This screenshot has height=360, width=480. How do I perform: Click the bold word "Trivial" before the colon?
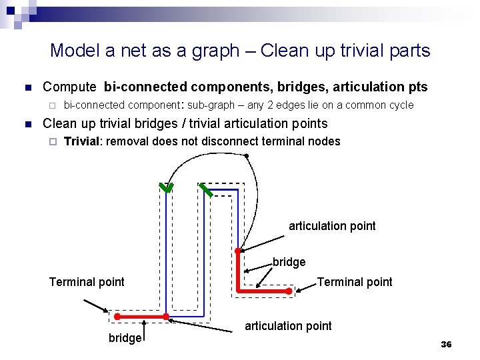pos(83,141)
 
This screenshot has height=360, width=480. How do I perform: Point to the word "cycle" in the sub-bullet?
pos(399,105)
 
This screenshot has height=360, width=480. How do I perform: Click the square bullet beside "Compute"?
pos(27,88)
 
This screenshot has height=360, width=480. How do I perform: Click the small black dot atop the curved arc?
pos(247,156)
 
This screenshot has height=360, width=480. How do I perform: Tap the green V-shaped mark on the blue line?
pos(165,187)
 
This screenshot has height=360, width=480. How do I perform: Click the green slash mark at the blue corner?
pos(207,190)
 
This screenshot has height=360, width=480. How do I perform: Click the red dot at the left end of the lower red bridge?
pos(116,315)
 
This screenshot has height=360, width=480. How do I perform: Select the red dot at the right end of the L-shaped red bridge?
pos(289,291)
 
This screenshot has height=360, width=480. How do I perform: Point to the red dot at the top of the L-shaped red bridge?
pos(238,252)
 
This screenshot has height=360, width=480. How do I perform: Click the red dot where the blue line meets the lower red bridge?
pos(165,315)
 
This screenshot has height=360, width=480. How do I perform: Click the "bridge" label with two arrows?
pos(289,263)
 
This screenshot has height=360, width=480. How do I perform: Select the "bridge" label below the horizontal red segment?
pos(125,338)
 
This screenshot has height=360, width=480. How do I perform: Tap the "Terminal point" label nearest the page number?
pos(355,282)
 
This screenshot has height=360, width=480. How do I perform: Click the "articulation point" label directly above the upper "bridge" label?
pos(332,226)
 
